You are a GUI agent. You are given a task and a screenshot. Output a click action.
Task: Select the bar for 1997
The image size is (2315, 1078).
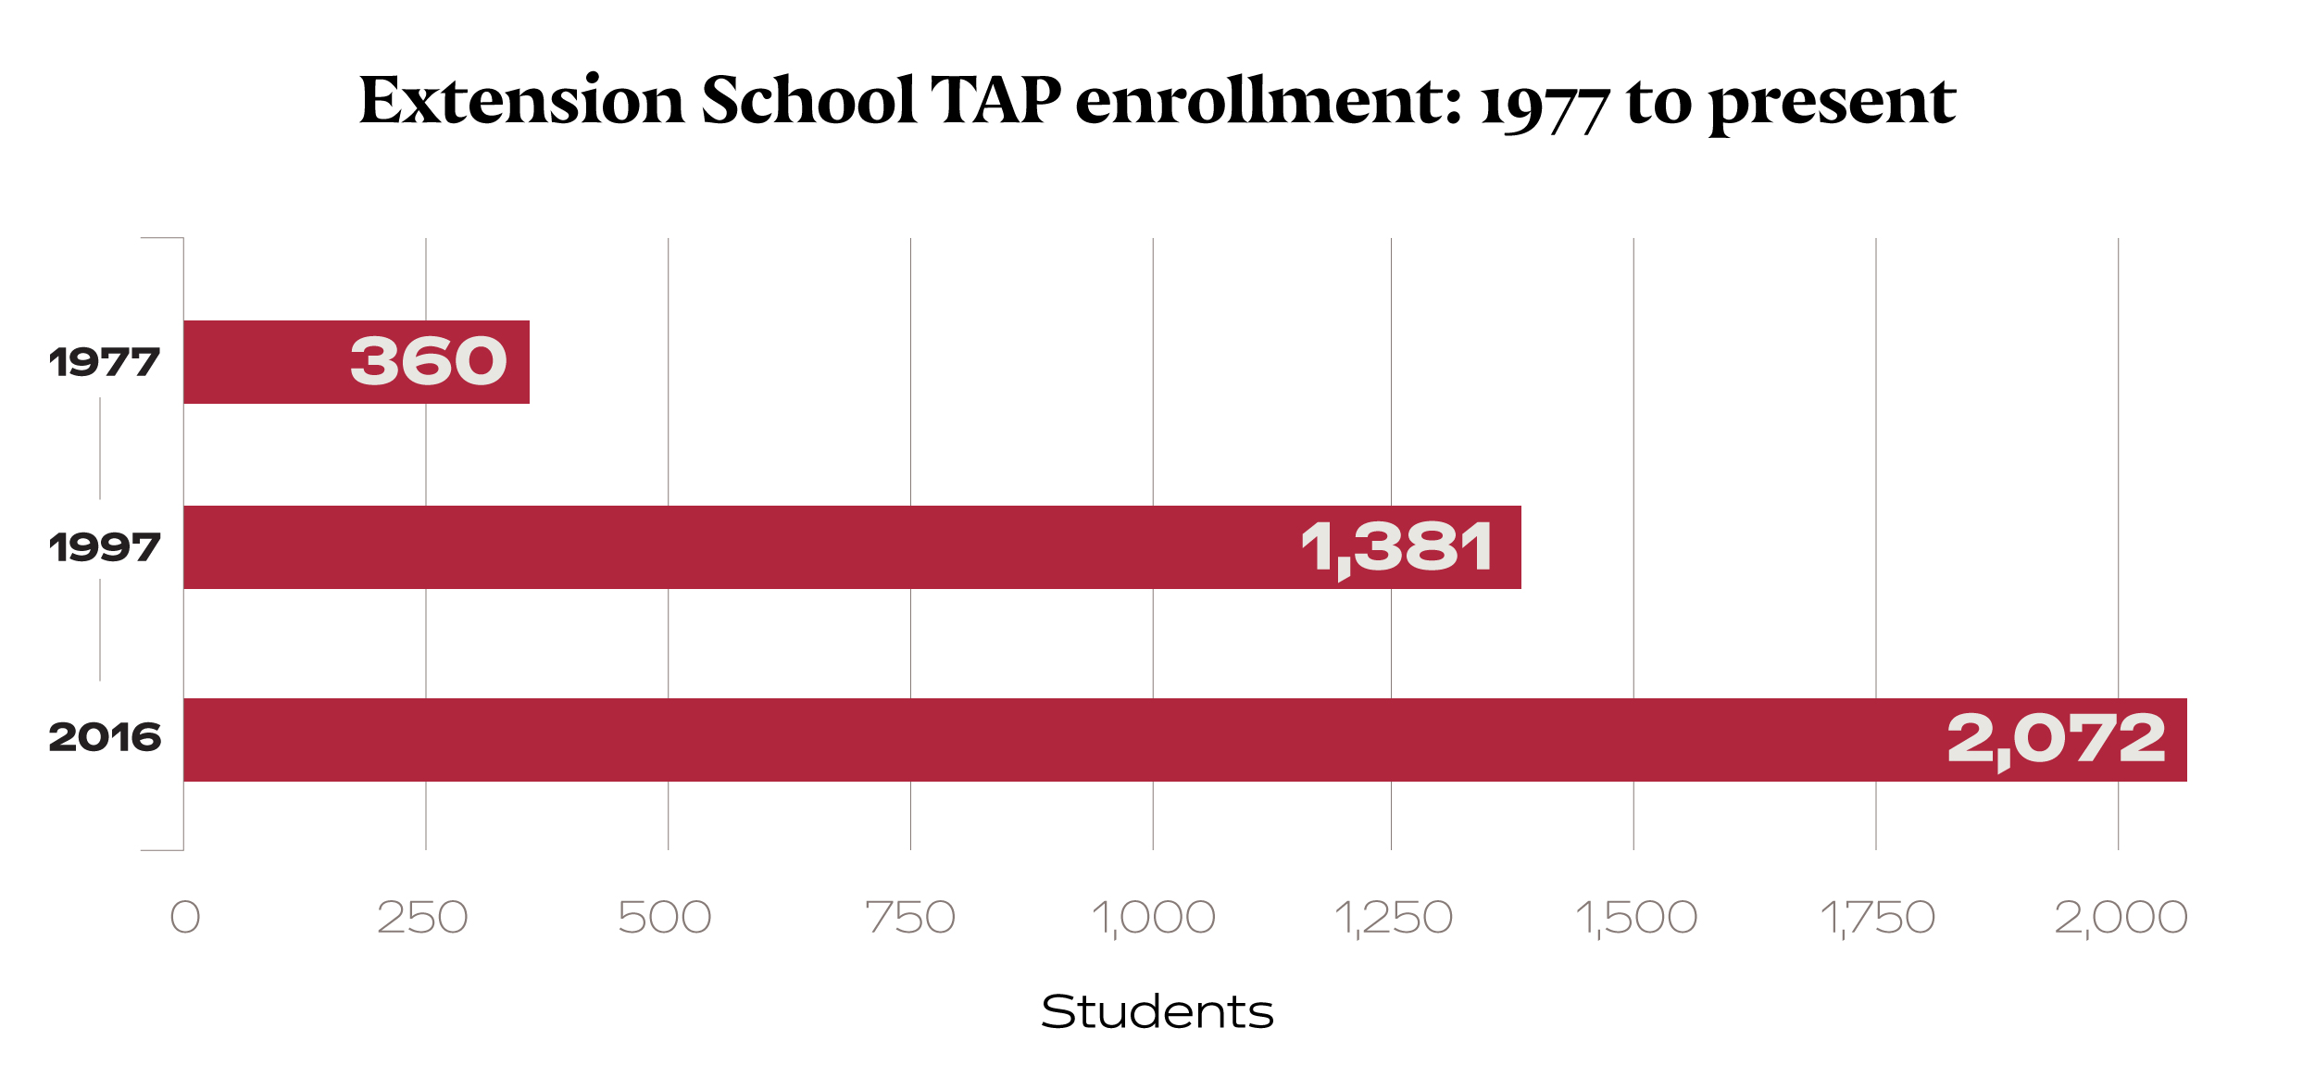pyautogui.click(x=741, y=547)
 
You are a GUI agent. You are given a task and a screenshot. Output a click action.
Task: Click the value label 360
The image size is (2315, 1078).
pyautogui.click(x=429, y=361)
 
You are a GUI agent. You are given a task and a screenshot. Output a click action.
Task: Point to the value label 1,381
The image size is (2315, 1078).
pyautogui.click(x=1396, y=547)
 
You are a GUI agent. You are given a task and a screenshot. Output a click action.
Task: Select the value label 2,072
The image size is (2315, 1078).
pyautogui.click(x=2056, y=739)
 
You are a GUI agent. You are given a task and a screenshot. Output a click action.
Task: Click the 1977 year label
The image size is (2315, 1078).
pyautogui.click(x=105, y=362)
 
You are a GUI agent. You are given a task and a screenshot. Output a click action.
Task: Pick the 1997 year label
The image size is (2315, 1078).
pyautogui.click(x=105, y=547)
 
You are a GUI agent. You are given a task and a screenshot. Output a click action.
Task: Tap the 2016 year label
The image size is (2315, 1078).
pyautogui.click(x=105, y=737)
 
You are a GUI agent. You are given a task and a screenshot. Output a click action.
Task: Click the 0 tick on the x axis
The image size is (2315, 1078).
pyautogui.click(x=185, y=917)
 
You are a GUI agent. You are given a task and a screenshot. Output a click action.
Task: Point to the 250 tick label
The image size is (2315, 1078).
pyautogui.click(x=423, y=917)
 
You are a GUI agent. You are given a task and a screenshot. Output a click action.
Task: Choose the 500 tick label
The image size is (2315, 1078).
pyautogui.click(x=665, y=917)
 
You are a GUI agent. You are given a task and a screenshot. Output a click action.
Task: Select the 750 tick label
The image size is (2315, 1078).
pyautogui.click(x=910, y=917)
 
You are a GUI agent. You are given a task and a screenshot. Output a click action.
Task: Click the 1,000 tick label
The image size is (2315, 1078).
pyautogui.click(x=1153, y=917)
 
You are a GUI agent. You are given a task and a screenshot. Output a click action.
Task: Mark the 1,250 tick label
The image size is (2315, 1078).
pyautogui.click(x=1393, y=917)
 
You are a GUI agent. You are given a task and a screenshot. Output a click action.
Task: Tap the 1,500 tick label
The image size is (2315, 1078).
pyautogui.click(x=1636, y=917)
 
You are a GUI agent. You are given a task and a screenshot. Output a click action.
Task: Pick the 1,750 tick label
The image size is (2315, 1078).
pyautogui.click(x=1877, y=917)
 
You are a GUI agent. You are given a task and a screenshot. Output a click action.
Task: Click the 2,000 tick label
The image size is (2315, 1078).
pyautogui.click(x=2121, y=917)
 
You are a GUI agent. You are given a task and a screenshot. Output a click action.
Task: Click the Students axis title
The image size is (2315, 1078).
pyautogui.click(x=1157, y=1011)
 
